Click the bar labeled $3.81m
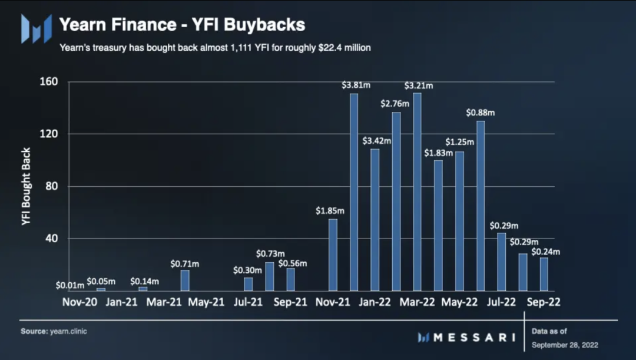click(354, 192)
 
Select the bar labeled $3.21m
click(418, 191)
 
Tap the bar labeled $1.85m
click(333, 255)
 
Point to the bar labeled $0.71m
click(185, 280)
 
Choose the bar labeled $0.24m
click(544, 274)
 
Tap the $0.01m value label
click(70, 286)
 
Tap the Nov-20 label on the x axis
click(79, 302)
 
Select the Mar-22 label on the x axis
click(417, 302)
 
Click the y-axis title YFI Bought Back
click(26, 186)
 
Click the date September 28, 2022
click(564, 344)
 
